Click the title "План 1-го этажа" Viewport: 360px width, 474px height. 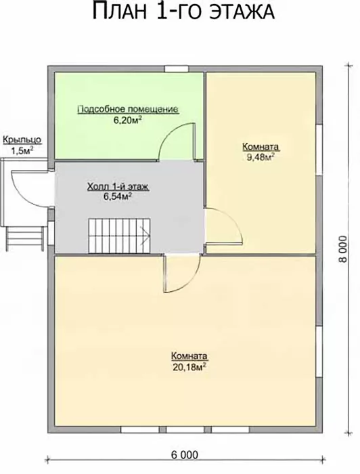[x=183, y=12]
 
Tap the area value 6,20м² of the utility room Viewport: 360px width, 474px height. [x=128, y=121]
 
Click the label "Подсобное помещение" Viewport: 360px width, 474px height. [x=128, y=110]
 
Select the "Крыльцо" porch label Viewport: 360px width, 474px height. [x=22, y=140]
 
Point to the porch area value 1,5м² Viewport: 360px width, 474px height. [x=22, y=151]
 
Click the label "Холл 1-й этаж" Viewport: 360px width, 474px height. [x=118, y=187]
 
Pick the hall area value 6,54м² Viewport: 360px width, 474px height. [x=118, y=196]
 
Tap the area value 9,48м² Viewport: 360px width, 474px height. [x=261, y=157]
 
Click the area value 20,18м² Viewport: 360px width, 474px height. [x=189, y=367]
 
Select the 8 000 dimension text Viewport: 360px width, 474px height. [x=343, y=249]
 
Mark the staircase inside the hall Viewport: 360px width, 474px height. [x=119, y=236]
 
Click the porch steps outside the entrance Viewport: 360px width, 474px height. [x=25, y=238]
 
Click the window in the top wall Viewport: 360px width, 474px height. [x=176, y=68]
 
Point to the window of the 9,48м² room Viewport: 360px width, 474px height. [x=319, y=150]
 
